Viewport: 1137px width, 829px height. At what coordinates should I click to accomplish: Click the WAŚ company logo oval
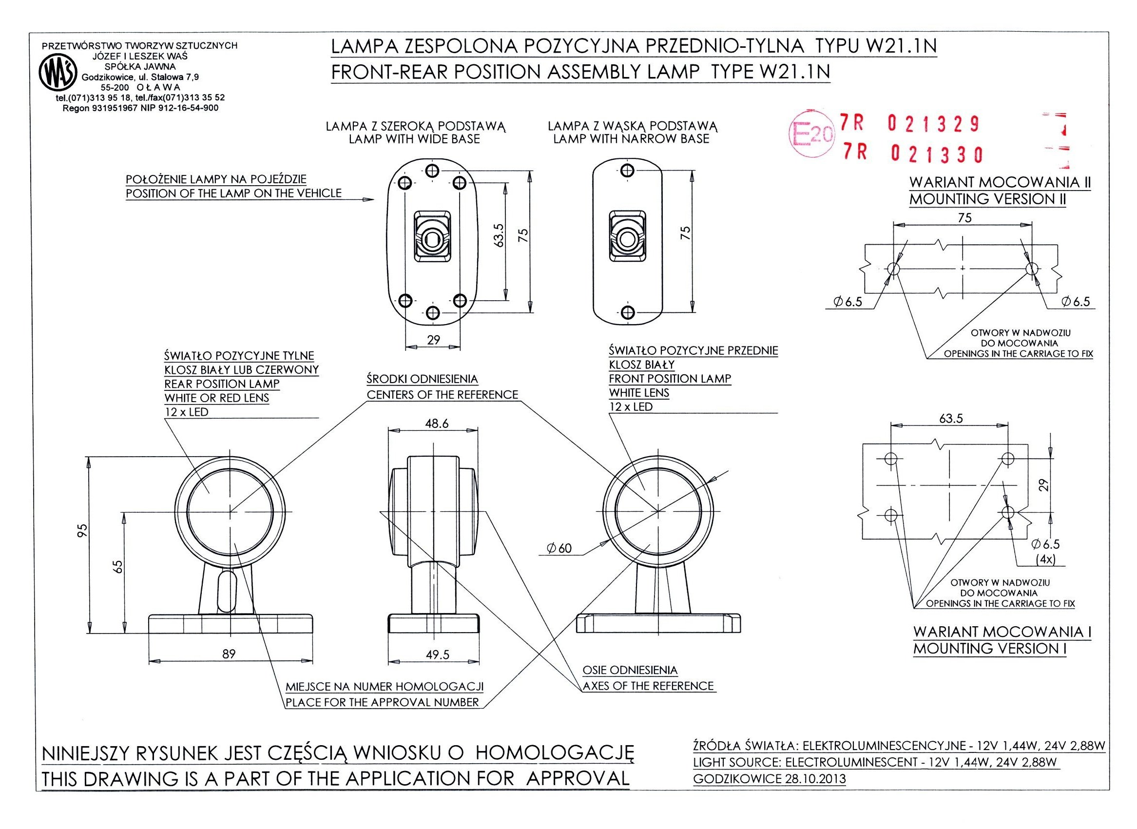click(x=58, y=73)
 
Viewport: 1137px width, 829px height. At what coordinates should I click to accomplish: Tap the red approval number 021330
click(x=936, y=154)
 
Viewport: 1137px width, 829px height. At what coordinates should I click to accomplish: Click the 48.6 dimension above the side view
click(x=437, y=424)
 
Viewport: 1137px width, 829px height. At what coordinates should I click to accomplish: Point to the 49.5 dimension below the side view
click(x=438, y=655)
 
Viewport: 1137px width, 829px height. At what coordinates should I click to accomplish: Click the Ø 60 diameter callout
click(x=560, y=548)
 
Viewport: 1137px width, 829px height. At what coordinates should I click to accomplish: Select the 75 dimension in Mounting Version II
click(x=964, y=218)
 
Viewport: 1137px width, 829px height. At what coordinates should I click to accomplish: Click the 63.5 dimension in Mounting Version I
click(x=951, y=419)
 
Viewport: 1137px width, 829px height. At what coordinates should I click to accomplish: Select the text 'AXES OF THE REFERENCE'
click(x=648, y=686)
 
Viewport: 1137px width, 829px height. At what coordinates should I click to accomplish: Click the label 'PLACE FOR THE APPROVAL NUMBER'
click(x=383, y=702)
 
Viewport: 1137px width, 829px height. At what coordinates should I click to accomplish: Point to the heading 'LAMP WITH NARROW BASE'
click(x=631, y=139)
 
